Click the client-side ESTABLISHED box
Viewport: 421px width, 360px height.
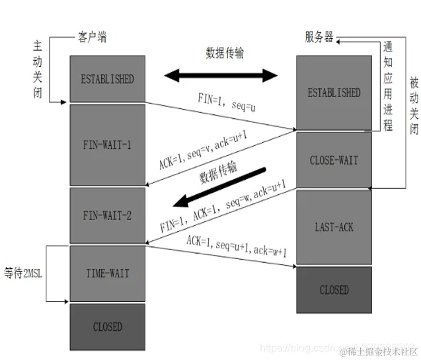pyautogui.click(x=107, y=79)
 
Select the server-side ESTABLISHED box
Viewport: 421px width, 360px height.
pyautogui.click(x=334, y=92)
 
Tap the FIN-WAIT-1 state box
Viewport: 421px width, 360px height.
pyautogui.click(x=107, y=145)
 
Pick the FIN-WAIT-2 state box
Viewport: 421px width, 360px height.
pyautogui.click(x=107, y=215)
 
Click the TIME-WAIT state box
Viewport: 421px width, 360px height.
pyautogui.click(x=107, y=273)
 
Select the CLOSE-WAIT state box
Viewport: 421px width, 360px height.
pyautogui.click(x=334, y=161)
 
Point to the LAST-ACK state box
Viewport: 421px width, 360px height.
pyautogui.click(x=334, y=227)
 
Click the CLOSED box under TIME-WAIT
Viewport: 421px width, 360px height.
pyautogui.click(x=107, y=326)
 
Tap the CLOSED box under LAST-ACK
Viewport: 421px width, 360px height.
pyautogui.click(x=334, y=289)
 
